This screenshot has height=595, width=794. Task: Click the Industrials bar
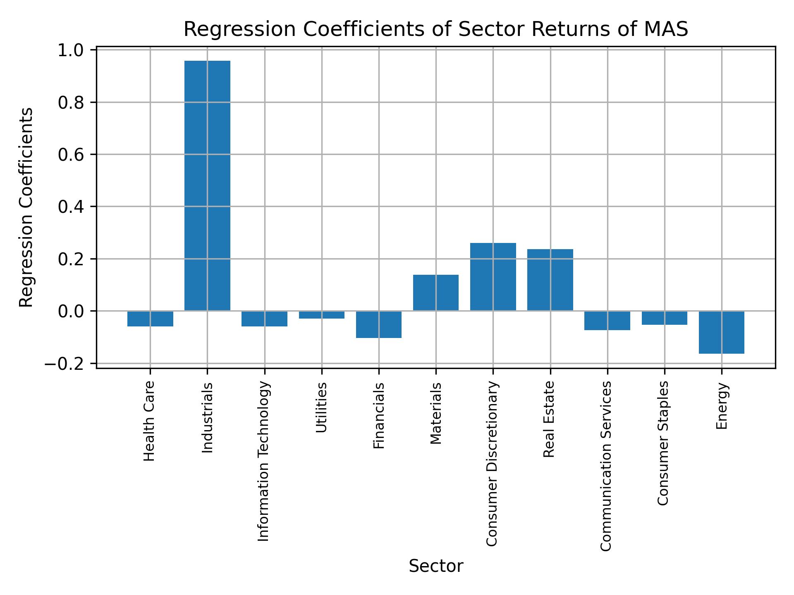[207, 186]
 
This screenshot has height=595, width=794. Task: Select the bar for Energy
[721, 332]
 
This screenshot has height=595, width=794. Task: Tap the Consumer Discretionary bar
[493, 277]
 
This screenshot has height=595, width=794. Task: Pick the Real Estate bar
[550, 280]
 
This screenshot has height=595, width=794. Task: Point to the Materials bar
[436, 293]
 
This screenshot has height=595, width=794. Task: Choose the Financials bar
[379, 324]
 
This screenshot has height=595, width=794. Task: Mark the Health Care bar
[150, 319]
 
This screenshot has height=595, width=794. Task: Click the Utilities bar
[322, 315]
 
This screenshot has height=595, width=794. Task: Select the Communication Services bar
[607, 321]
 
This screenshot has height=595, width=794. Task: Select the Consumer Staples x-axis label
[663, 443]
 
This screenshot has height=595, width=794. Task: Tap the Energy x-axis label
[722, 406]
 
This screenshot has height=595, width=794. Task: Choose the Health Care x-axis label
[149, 421]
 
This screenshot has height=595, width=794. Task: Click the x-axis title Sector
[436, 566]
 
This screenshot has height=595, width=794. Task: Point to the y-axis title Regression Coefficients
[26, 207]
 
